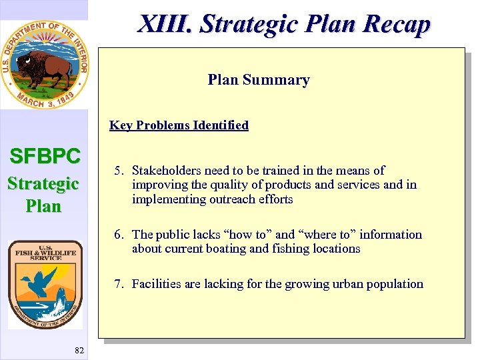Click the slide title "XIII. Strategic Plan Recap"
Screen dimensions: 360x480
coord(284,24)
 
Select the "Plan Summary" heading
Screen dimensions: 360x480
coord(259,80)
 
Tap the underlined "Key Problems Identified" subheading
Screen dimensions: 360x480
coord(179,125)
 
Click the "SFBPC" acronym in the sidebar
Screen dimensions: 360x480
coord(45,157)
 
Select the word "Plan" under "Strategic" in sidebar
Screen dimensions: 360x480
coord(43,206)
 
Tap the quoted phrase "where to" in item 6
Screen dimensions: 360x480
coord(326,235)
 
